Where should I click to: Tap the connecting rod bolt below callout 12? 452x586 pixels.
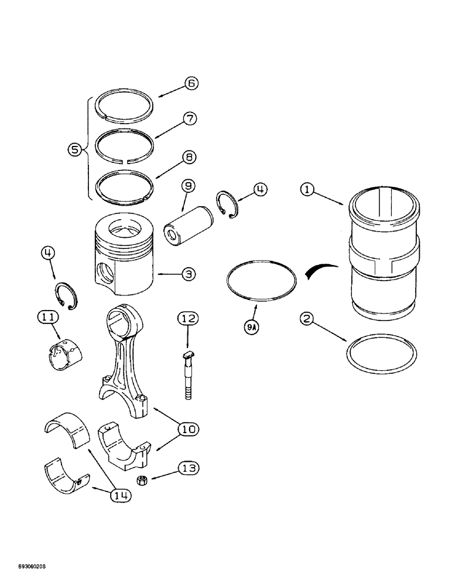187,375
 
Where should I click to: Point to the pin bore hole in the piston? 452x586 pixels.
105,272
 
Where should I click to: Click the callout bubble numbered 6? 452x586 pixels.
191,83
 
